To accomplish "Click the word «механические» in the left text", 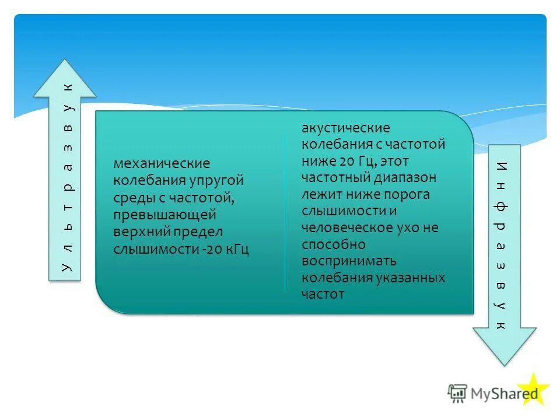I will point(161,164).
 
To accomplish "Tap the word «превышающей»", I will point(165,215).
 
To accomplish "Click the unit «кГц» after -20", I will point(236,249).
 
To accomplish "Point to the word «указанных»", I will point(411,278).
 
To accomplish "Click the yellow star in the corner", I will point(533,391).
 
